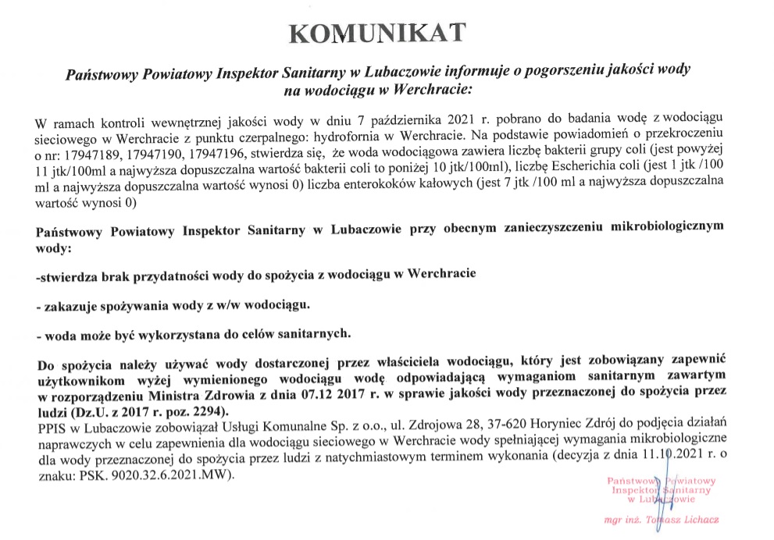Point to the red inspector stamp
pos(658,490)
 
